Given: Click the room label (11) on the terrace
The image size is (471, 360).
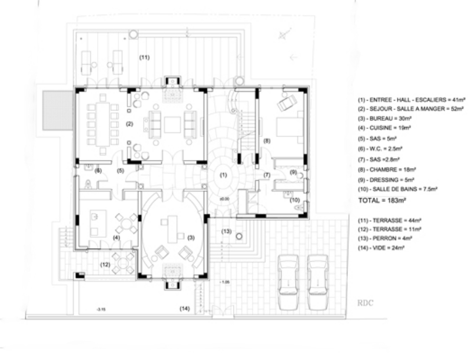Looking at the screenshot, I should tap(144, 57).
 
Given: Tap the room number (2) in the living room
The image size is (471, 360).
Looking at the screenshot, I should tap(129, 124).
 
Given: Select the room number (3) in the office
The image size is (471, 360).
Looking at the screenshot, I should tap(191, 237).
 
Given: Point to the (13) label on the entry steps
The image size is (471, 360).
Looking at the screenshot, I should tap(226, 231).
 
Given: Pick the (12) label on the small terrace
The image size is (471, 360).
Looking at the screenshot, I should tap(105, 264).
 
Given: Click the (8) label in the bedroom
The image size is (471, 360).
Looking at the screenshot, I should tap(267, 141).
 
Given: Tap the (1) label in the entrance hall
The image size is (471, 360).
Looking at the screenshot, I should tap(223, 175).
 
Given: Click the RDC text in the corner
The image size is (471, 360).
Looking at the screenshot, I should tap(366, 304).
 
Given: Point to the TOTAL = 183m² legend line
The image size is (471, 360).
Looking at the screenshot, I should tap(383, 201).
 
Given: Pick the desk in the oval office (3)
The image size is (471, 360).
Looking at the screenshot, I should tap(173, 228).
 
